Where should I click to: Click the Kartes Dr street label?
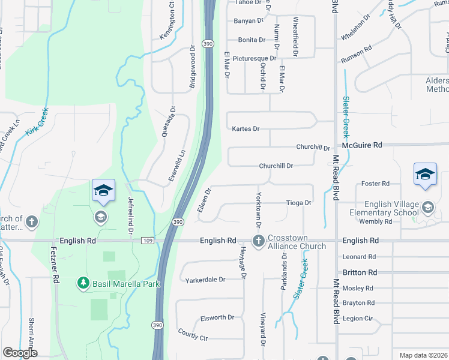[246, 129]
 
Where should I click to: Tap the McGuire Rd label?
[362, 145]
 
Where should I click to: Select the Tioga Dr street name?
[298, 203]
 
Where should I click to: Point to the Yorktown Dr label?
[259, 209]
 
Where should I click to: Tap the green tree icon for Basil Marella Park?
[83, 282]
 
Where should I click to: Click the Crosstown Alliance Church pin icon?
[259, 241]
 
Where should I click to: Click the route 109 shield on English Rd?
[148, 241]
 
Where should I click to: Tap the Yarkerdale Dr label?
[205, 280]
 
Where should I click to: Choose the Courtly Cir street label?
[193, 334]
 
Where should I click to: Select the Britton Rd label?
[360, 272]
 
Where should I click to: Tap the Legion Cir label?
[358, 319]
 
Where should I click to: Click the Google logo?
[20, 353]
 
